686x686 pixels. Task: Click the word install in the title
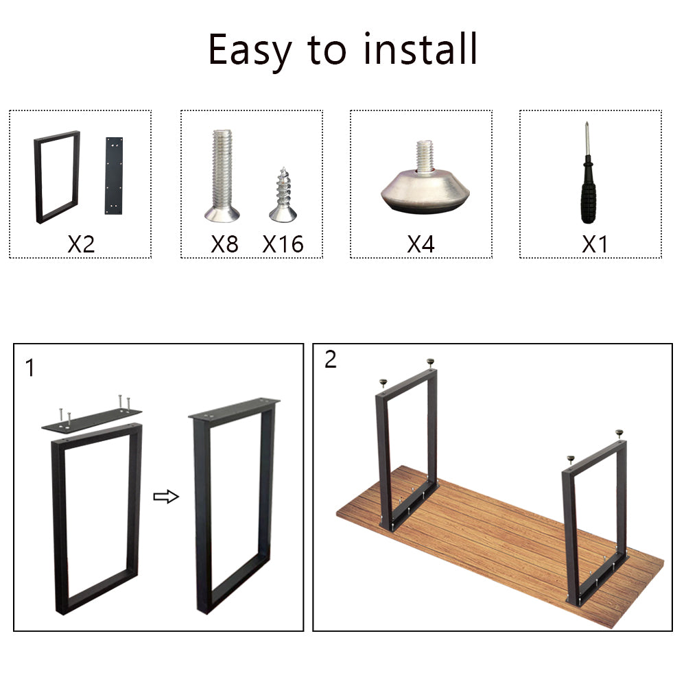pyautogui.click(x=421, y=49)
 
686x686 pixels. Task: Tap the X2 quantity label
pyautogui.click(x=81, y=244)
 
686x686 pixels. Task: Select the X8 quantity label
pyautogui.click(x=224, y=244)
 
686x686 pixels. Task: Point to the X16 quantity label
pyautogui.click(x=283, y=244)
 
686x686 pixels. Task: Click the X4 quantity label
pyautogui.click(x=421, y=244)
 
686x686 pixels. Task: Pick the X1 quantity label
pyautogui.click(x=595, y=244)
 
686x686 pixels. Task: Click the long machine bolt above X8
pyautogui.click(x=222, y=176)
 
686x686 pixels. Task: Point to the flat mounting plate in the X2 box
pyautogui.click(x=114, y=176)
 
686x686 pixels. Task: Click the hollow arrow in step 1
pyautogui.click(x=166, y=497)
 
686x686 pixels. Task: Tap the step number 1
pyautogui.click(x=29, y=368)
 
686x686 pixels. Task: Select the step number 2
pyautogui.click(x=331, y=359)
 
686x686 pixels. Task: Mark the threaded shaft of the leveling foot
pyautogui.click(x=425, y=156)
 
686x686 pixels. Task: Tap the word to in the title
pyautogui.click(x=327, y=51)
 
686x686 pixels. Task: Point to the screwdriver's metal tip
pyautogui.click(x=587, y=139)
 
